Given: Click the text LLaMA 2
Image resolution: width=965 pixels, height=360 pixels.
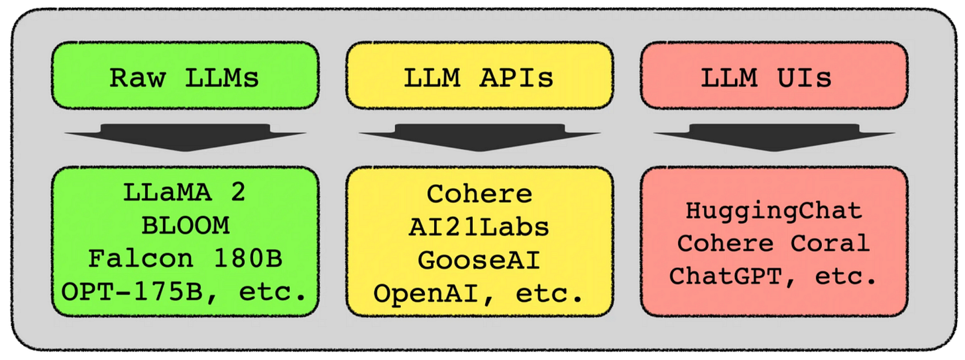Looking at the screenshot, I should (x=185, y=192).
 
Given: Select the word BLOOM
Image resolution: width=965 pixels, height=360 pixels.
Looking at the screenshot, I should (x=185, y=225).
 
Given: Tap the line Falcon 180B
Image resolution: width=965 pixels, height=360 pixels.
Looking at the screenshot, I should (x=185, y=259).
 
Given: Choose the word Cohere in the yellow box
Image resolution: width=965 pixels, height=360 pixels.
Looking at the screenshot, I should (x=479, y=194).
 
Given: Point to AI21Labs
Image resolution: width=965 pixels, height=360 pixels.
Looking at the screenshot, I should (x=479, y=227).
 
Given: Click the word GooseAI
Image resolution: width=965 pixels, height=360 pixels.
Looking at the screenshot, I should (x=479, y=260).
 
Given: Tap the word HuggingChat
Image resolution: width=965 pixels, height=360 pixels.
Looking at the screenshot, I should (x=774, y=211).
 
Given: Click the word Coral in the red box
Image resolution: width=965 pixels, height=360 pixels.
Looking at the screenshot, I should (x=830, y=243).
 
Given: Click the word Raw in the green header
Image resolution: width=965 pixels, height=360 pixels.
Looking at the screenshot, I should (x=135, y=78).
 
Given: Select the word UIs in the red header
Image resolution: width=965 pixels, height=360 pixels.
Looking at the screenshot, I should (x=805, y=78).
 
